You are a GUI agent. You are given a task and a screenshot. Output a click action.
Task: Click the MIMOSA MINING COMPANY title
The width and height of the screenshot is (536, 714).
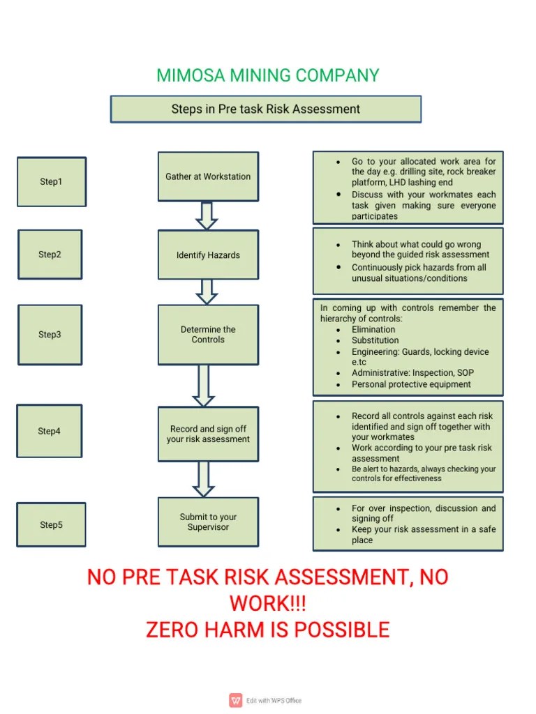pos(268,75)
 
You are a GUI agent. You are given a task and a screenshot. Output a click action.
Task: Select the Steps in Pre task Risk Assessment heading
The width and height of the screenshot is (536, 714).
pos(266,109)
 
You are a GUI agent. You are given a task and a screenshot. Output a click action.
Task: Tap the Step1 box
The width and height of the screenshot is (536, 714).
pos(51,181)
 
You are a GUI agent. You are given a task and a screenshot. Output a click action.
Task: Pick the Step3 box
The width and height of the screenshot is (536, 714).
pos(50,334)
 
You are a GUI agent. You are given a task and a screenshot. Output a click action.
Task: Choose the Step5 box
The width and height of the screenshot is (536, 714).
pos(51,524)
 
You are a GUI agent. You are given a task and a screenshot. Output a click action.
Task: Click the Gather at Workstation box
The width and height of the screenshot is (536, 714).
pos(208,177)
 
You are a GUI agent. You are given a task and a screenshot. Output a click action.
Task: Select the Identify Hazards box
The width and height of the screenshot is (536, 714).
pos(208,255)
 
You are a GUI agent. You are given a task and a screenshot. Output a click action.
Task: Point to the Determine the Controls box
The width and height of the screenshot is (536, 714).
pos(208,335)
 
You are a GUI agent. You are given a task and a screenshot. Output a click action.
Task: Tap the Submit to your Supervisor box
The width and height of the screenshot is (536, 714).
pos(208,522)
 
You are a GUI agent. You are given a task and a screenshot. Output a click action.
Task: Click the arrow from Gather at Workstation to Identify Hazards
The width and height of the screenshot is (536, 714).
pos(207,215)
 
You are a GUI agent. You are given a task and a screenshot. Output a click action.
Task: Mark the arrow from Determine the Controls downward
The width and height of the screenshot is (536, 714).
pos(204,385)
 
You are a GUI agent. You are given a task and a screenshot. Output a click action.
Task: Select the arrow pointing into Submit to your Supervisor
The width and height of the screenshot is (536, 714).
pos(204,480)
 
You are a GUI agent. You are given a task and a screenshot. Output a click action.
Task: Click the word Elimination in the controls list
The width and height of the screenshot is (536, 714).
pos(373,330)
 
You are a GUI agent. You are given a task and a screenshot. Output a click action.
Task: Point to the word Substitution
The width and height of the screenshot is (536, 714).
pos(375,340)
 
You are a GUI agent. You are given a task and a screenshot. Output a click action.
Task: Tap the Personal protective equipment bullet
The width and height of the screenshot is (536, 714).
pos(411,384)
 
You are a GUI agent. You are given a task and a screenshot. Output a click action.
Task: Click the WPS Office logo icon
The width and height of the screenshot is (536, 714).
pos(236,700)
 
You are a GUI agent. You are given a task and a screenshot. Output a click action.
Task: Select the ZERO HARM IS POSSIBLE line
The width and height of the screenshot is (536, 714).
pos(268,630)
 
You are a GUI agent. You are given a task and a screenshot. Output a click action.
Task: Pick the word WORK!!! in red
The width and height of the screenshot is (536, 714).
pos(268,603)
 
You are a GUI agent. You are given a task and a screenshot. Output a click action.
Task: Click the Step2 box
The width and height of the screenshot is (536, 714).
pos(50,255)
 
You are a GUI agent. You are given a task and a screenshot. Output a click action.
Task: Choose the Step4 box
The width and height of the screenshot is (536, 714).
pos(50,431)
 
